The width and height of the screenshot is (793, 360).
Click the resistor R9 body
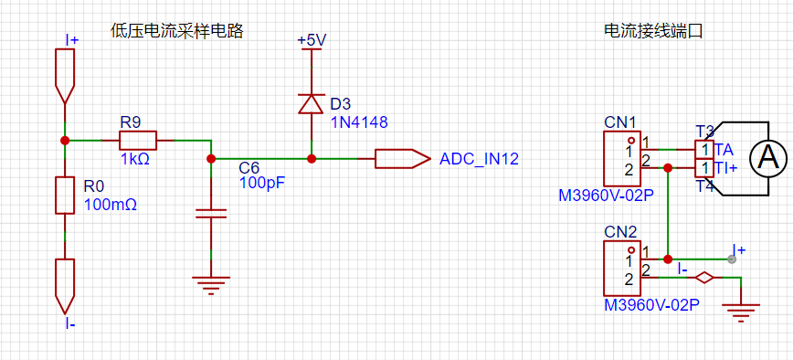(138, 140)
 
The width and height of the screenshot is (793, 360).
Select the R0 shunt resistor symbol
(65, 196)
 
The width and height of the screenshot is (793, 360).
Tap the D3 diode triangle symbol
(311, 103)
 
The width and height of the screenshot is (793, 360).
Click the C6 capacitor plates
(211, 213)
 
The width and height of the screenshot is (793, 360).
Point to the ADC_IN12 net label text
(479, 159)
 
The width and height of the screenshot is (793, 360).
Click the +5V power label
(311, 40)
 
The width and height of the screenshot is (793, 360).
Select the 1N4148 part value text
(359, 122)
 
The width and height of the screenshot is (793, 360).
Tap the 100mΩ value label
(111, 205)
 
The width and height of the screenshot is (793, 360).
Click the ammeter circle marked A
(767, 159)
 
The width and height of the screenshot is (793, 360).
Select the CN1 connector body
(622, 159)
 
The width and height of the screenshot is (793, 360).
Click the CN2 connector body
(622, 269)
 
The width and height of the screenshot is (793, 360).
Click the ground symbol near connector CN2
(741, 312)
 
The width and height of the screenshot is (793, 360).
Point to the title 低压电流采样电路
(177, 31)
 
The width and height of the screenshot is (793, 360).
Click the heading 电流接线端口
(653, 31)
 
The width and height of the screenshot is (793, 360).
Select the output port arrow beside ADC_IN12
(402, 159)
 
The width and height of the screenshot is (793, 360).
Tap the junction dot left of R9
(65, 140)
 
